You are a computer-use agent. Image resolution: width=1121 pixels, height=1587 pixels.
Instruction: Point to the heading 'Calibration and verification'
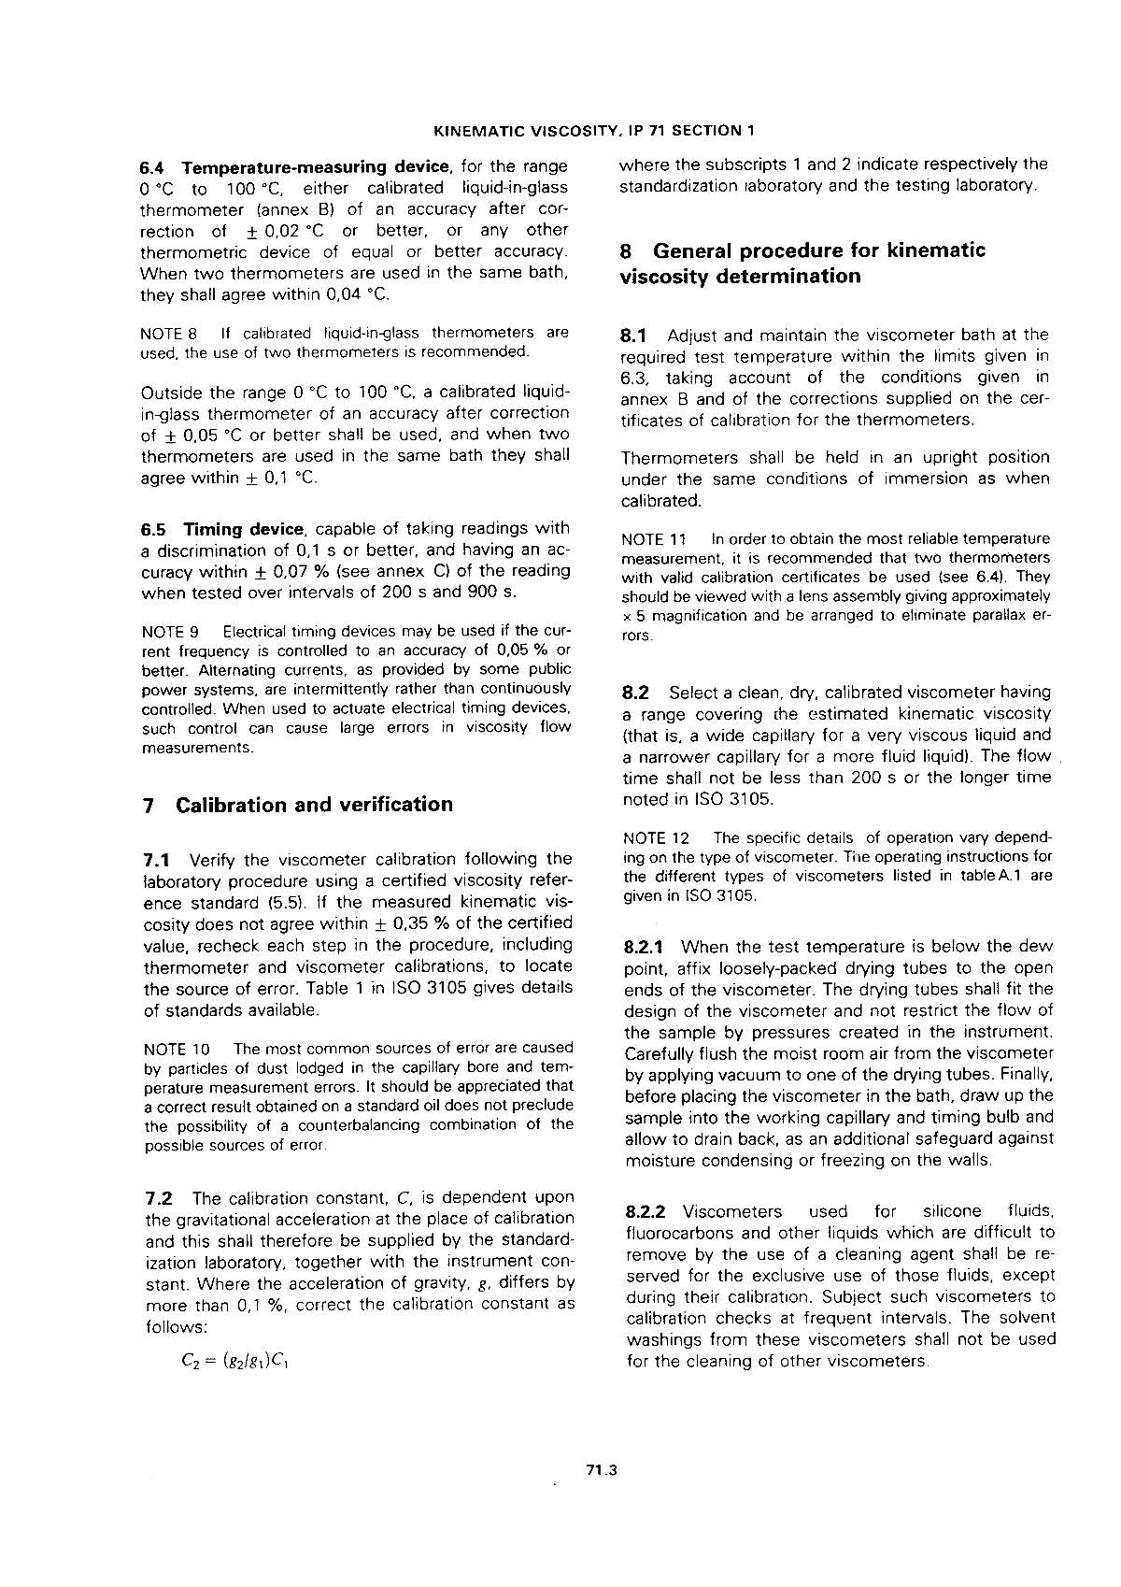(314, 805)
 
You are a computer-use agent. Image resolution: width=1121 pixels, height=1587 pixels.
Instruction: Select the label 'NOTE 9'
(169, 632)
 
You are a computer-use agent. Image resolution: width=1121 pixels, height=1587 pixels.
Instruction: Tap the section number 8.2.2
(645, 1212)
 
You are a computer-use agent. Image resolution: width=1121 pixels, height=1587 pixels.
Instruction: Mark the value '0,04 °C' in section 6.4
(355, 295)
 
